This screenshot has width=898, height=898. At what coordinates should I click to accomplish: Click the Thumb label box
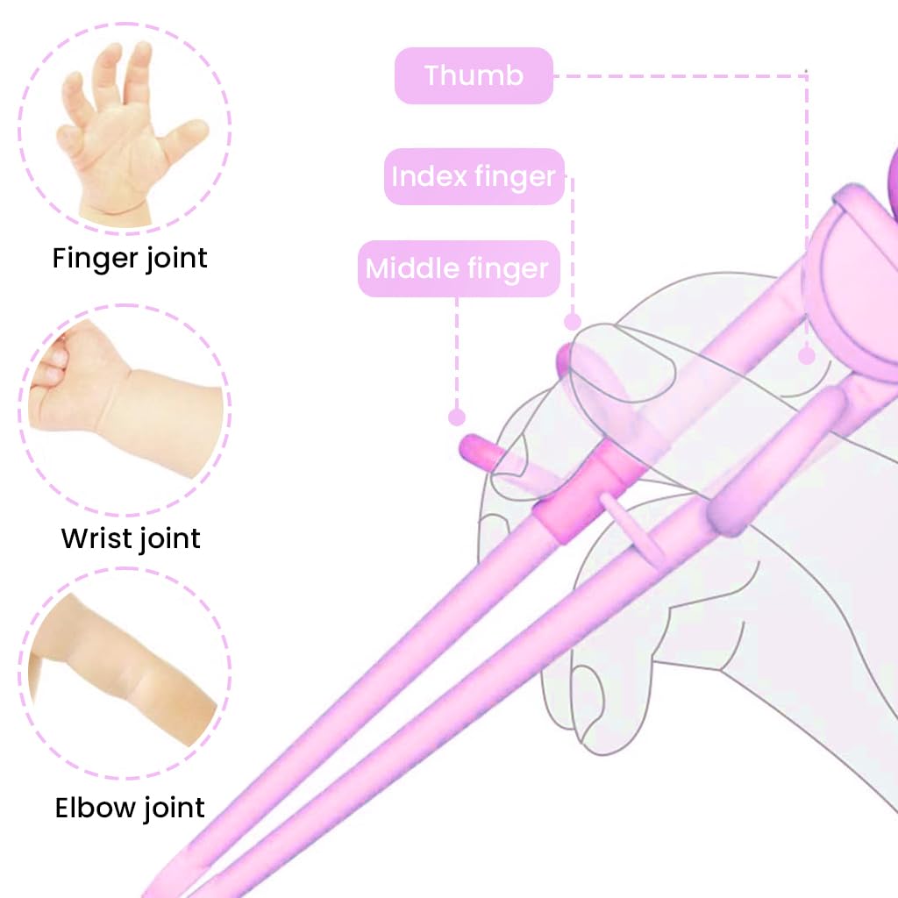pyautogui.click(x=474, y=75)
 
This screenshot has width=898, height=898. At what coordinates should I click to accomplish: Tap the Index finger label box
pyautogui.click(x=474, y=176)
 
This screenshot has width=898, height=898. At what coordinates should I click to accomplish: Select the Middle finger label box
pyautogui.click(x=459, y=268)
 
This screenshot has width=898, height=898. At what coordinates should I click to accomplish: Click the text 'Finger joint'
pyautogui.click(x=130, y=259)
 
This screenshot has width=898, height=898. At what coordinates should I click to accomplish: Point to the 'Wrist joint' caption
pyautogui.click(x=131, y=539)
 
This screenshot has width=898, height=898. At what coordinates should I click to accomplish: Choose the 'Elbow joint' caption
pyautogui.click(x=130, y=808)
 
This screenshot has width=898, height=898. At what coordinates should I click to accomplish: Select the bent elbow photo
pyautogui.click(x=121, y=670)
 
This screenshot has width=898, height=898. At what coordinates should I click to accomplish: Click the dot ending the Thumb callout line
pyautogui.click(x=807, y=356)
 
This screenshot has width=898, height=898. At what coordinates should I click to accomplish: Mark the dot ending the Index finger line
pyautogui.click(x=573, y=322)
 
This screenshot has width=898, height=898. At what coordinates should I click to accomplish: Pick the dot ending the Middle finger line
pyautogui.click(x=456, y=417)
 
